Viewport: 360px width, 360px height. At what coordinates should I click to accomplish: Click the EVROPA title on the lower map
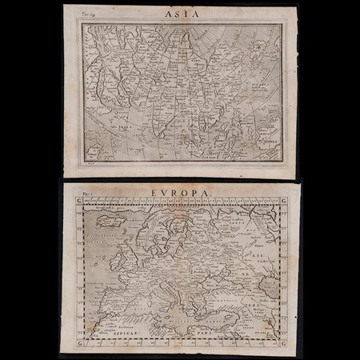click(178, 193)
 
